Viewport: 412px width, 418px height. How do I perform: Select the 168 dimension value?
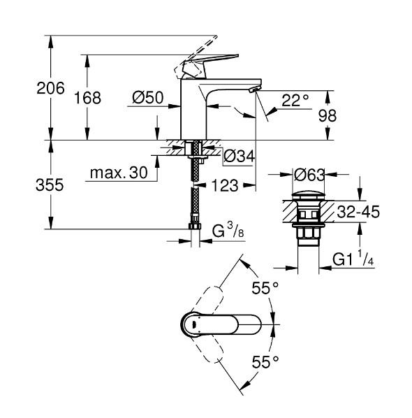(x=89, y=98)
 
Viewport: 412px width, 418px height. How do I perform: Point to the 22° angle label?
(x=295, y=99)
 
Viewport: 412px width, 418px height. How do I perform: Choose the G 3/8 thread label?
(x=227, y=230)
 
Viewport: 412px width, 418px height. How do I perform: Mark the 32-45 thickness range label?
(x=360, y=211)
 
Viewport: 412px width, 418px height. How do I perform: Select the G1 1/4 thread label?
(x=353, y=260)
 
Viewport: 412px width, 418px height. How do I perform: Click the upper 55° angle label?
(x=265, y=287)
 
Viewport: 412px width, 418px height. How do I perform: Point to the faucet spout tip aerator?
(x=253, y=89)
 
